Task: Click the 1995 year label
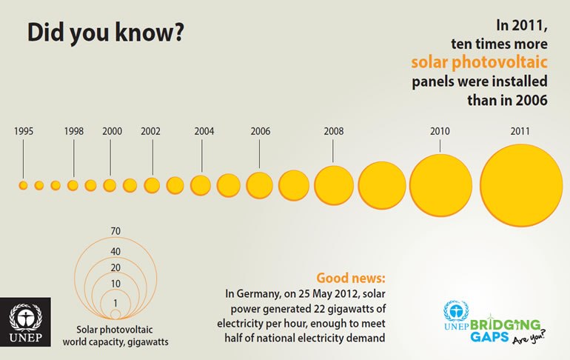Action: click(x=23, y=131)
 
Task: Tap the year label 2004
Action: click(x=204, y=131)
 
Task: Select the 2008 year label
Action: click(x=334, y=131)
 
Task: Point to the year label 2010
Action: click(x=440, y=131)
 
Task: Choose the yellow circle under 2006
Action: click(x=259, y=184)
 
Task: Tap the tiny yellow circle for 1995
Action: click(x=23, y=184)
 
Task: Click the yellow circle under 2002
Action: click(x=152, y=184)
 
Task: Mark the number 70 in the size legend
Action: click(x=115, y=231)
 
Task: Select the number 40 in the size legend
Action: click(x=115, y=252)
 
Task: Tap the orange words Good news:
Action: click(x=351, y=279)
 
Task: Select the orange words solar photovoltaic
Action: click(x=479, y=61)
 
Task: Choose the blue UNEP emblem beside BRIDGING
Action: click(x=457, y=311)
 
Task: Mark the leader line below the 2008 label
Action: click(x=334, y=150)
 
